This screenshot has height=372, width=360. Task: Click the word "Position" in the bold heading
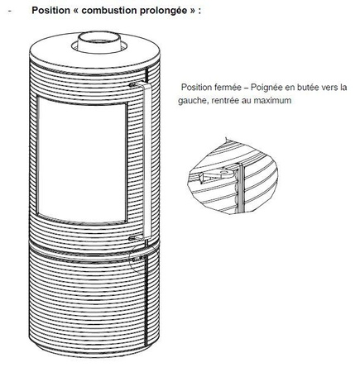coord(50,10)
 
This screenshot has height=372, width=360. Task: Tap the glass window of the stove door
coord(82,160)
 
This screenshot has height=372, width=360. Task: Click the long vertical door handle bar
coord(147,160)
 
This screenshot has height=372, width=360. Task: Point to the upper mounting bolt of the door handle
coord(132,84)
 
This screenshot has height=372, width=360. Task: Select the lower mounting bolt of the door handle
coord(132,238)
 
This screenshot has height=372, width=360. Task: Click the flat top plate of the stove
coord(94,53)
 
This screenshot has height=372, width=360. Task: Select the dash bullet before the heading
coord(10,11)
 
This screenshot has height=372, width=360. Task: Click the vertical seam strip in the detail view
coord(242,188)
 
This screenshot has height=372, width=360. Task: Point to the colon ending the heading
coord(199,12)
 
